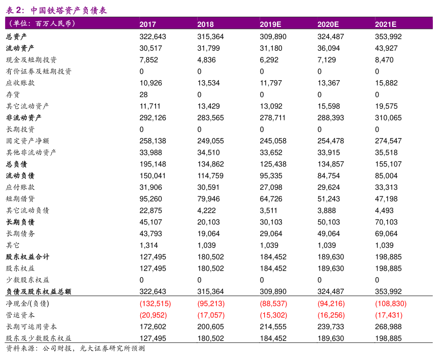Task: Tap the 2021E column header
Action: (x=386, y=24)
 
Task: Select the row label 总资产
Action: (x=16, y=37)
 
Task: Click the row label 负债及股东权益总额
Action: (x=39, y=291)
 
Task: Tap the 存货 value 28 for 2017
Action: (x=143, y=94)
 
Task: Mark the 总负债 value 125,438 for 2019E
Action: (x=273, y=164)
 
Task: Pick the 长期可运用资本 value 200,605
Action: (x=210, y=326)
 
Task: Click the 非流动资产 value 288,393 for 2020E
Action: (x=330, y=118)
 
